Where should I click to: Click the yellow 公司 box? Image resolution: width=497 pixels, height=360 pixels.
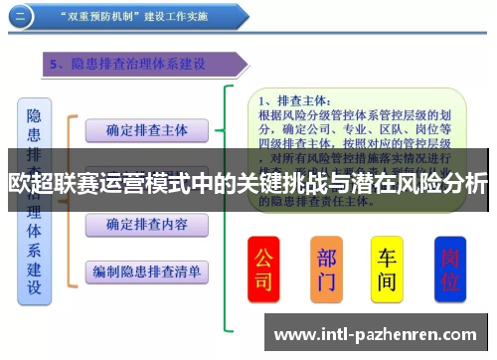click(263, 270)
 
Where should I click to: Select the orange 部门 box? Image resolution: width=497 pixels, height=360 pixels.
click(326, 270)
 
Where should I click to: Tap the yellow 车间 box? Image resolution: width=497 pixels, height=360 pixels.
click(388, 270)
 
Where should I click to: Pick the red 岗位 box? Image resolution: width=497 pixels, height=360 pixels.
click(450, 270)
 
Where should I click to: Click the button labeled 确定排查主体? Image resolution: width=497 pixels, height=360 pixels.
click(146, 130)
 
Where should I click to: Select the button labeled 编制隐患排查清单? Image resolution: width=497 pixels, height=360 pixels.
click(146, 270)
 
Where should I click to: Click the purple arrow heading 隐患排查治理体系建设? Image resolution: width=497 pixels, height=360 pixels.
click(139, 65)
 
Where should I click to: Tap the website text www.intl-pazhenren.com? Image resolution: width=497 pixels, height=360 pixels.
click(378, 334)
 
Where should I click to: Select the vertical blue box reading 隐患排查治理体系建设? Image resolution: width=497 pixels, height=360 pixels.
click(34, 200)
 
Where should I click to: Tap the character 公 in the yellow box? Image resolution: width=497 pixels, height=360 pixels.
click(263, 257)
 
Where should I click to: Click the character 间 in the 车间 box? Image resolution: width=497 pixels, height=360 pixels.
click(388, 282)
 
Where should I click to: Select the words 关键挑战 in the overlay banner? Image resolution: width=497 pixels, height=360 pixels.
click(265, 183)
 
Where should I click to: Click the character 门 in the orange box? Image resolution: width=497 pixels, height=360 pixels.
click(326, 282)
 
